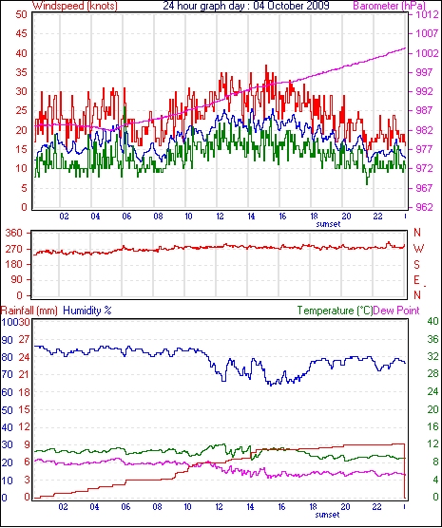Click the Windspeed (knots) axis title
pos(74,6)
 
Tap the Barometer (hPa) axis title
pos(389,6)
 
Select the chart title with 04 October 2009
pos(246,6)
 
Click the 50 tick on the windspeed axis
pos(21,15)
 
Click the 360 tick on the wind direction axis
pos(15,233)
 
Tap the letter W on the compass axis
pos(418,249)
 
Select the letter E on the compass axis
pos(417,280)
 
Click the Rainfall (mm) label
pos(29,311)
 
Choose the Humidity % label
pos(87,311)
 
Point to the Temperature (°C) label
pos(335,311)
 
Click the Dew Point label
pos(396,311)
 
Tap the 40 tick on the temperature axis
pos(432,321)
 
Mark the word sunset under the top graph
pos(328,224)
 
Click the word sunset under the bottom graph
pos(328,515)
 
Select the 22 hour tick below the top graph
pos(378,216)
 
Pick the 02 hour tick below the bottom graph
pos(63,506)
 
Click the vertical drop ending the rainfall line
pos(405,471)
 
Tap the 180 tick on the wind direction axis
pos(15,264)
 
